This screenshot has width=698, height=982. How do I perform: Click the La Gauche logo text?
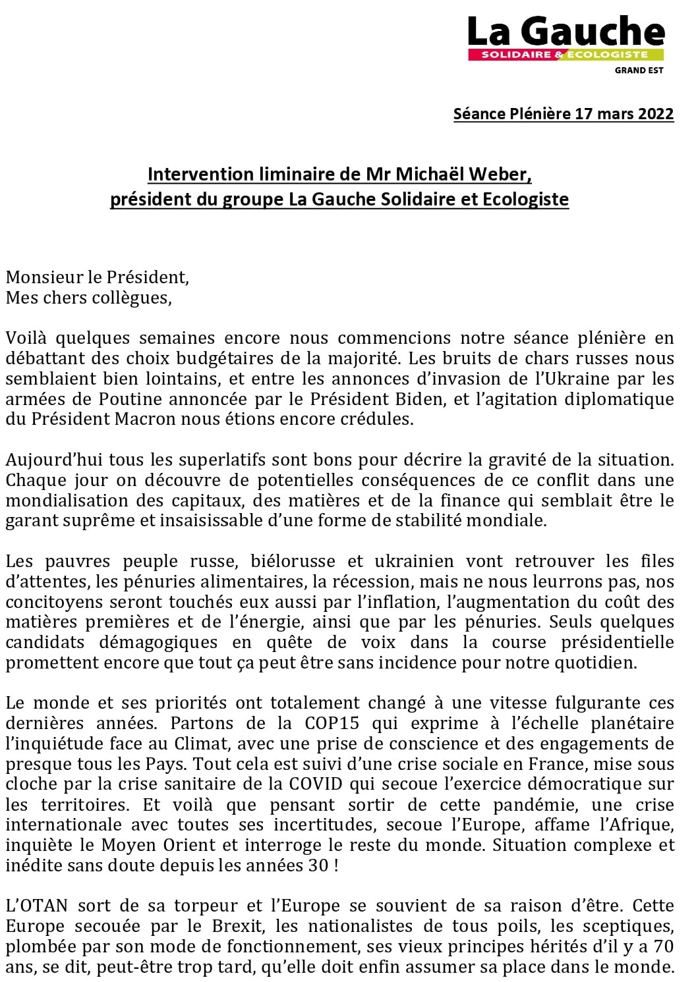(x=566, y=31)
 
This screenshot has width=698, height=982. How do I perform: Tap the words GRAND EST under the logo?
(x=639, y=70)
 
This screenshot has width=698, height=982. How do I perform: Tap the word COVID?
(x=318, y=784)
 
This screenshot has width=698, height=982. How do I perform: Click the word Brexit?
(x=237, y=927)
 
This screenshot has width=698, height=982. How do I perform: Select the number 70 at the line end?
(x=664, y=947)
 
